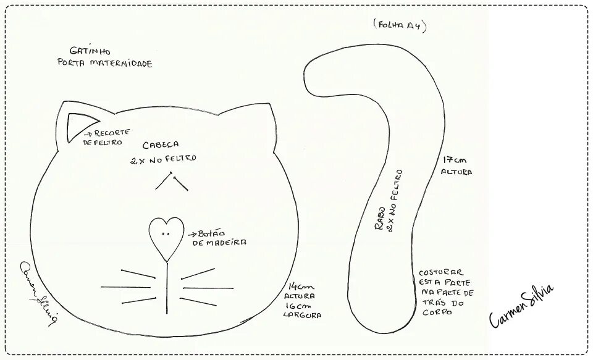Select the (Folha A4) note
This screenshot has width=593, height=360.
(400, 25)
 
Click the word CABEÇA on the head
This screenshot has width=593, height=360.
(161, 145)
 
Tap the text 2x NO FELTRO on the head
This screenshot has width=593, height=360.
(163, 158)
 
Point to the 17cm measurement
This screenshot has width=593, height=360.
(450, 159)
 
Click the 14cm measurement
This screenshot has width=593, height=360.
(301, 287)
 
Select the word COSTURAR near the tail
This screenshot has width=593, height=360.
(440, 272)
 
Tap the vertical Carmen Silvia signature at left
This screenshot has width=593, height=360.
(39, 290)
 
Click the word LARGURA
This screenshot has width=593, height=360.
(301, 315)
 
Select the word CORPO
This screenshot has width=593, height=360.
(436, 312)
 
